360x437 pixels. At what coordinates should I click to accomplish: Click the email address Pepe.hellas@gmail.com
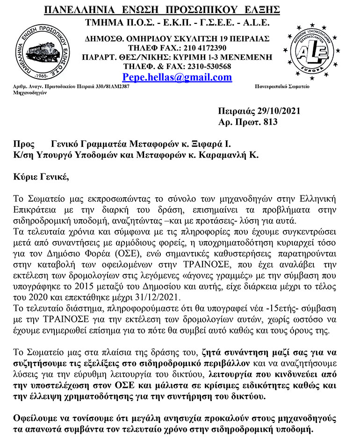177,77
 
